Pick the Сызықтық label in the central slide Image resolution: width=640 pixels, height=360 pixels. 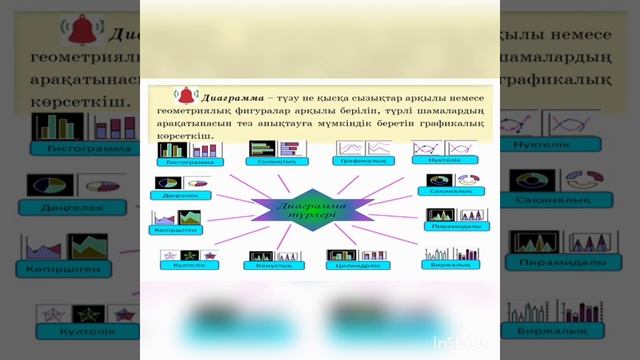coord(273,162)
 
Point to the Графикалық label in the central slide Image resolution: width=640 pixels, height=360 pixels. coord(363,160)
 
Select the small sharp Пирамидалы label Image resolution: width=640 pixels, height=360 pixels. coord(453,226)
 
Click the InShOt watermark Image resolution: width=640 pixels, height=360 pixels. coord(461,343)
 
